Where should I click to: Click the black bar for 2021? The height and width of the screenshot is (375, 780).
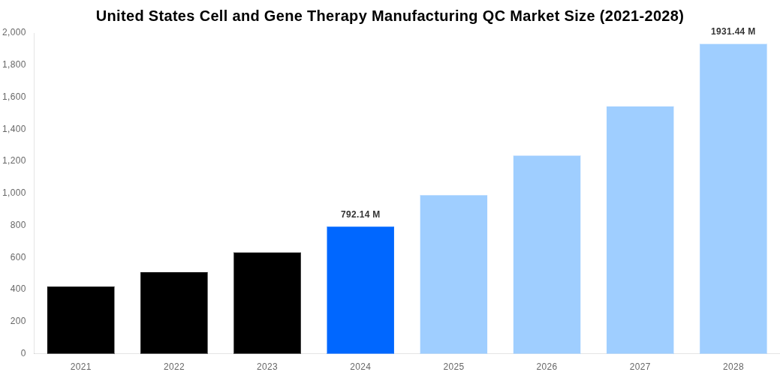point(80,320)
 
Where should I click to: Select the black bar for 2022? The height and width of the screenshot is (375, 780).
point(173,313)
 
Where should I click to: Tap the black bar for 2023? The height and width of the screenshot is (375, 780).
point(267,303)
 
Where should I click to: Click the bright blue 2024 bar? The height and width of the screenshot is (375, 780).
point(360,290)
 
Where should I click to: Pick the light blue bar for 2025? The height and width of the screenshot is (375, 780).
point(453,274)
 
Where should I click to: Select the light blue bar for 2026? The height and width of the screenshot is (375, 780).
point(547,255)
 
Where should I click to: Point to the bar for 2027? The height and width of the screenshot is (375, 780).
point(640,230)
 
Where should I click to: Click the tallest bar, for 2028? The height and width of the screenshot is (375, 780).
point(733,199)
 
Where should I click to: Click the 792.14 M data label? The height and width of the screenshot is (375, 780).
point(360,214)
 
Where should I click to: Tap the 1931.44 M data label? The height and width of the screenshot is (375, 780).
point(733,31)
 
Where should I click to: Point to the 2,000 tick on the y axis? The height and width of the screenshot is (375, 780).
point(14,32)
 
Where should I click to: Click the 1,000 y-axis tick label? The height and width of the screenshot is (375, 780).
point(14,193)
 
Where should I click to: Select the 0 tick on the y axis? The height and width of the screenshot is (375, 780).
point(23,353)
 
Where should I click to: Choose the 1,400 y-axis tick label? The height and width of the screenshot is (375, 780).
point(14,129)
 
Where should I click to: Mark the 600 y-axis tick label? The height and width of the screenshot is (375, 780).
point(18,257)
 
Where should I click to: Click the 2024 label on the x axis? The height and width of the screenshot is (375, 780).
point(360,367)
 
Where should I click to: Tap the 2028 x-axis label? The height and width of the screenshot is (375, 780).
point(733,367)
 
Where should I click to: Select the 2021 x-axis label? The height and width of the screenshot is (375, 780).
point(80,367)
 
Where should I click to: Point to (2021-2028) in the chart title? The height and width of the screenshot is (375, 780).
point(641,16)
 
